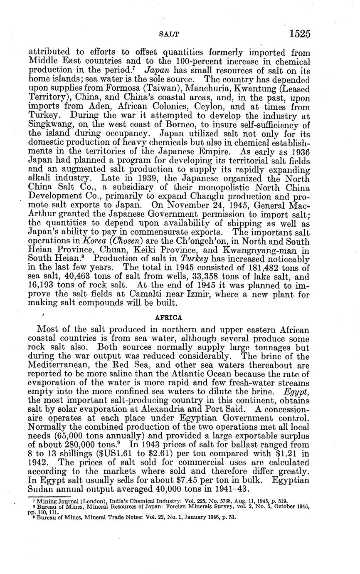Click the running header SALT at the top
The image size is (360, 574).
pos(170,35)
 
